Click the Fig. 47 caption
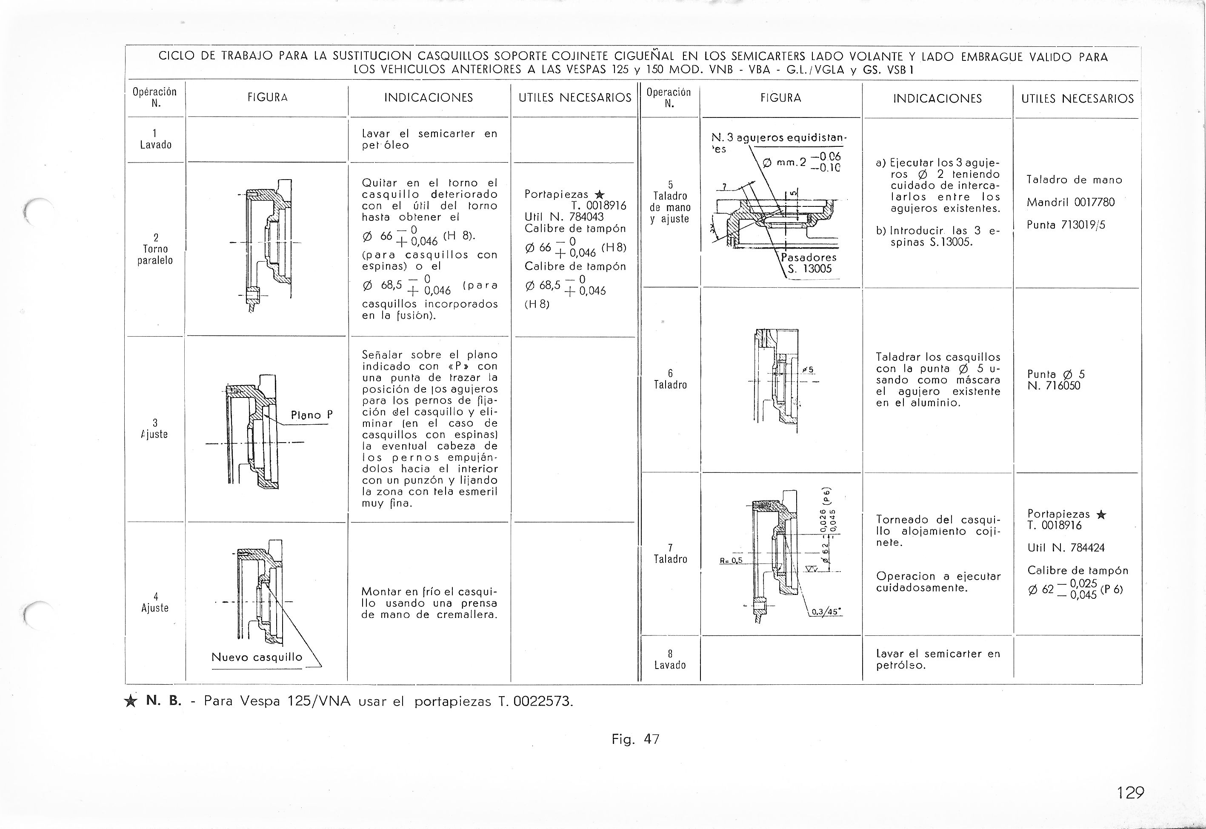click(x=635, y=739)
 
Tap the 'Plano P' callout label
click(x=311, y=415)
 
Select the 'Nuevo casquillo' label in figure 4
click(x=257, y=657)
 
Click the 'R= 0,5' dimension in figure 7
click(x=731, y=560)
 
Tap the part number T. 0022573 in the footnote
click(x=535, y=702)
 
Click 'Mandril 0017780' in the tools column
click(x=1070, y=202)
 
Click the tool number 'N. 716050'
click(x=1053, y=386)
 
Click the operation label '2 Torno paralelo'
click(x=155, y=249)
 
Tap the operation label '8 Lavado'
click(x=670, y=659)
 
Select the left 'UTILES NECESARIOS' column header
click(x=575, y=97)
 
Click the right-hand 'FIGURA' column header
click(x=780, y=97)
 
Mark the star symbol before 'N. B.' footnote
click(x=131, y=702)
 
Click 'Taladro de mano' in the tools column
click(x=1074, y=180)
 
